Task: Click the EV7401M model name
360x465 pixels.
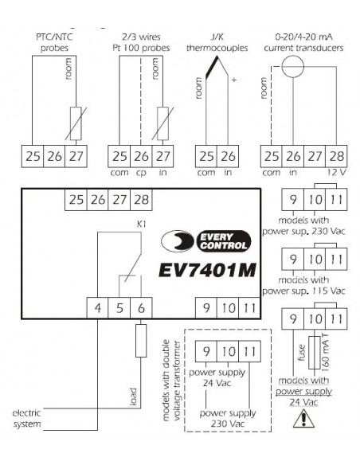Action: [207, 270]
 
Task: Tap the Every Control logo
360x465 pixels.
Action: [206, 241]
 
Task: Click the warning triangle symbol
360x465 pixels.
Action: [303, 419]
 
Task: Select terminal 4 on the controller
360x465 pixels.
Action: [97, 308]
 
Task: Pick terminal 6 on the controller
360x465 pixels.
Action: [141, 308]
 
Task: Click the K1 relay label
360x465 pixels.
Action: [142, 225]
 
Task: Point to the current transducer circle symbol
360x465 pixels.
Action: [292, 66]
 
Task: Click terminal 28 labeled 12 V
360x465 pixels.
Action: [336, 156]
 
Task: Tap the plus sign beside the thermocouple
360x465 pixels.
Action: [234, 80]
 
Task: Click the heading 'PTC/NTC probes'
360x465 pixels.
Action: [54, 42]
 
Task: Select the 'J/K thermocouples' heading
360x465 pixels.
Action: [217, 42]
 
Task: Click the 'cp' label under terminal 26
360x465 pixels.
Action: [141, 173]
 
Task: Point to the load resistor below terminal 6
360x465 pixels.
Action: [141, 341]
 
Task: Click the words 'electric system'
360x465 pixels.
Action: [27, 419]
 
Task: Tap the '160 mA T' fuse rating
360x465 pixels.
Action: [325, 353]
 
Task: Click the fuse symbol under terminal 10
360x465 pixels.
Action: [315, 353]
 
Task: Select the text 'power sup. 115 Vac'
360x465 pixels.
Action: [303, 291]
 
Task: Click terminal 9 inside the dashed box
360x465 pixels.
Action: [206, 351]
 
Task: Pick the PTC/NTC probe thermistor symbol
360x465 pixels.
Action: [76, 123]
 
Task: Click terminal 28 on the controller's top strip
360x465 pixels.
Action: [141, 200]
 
